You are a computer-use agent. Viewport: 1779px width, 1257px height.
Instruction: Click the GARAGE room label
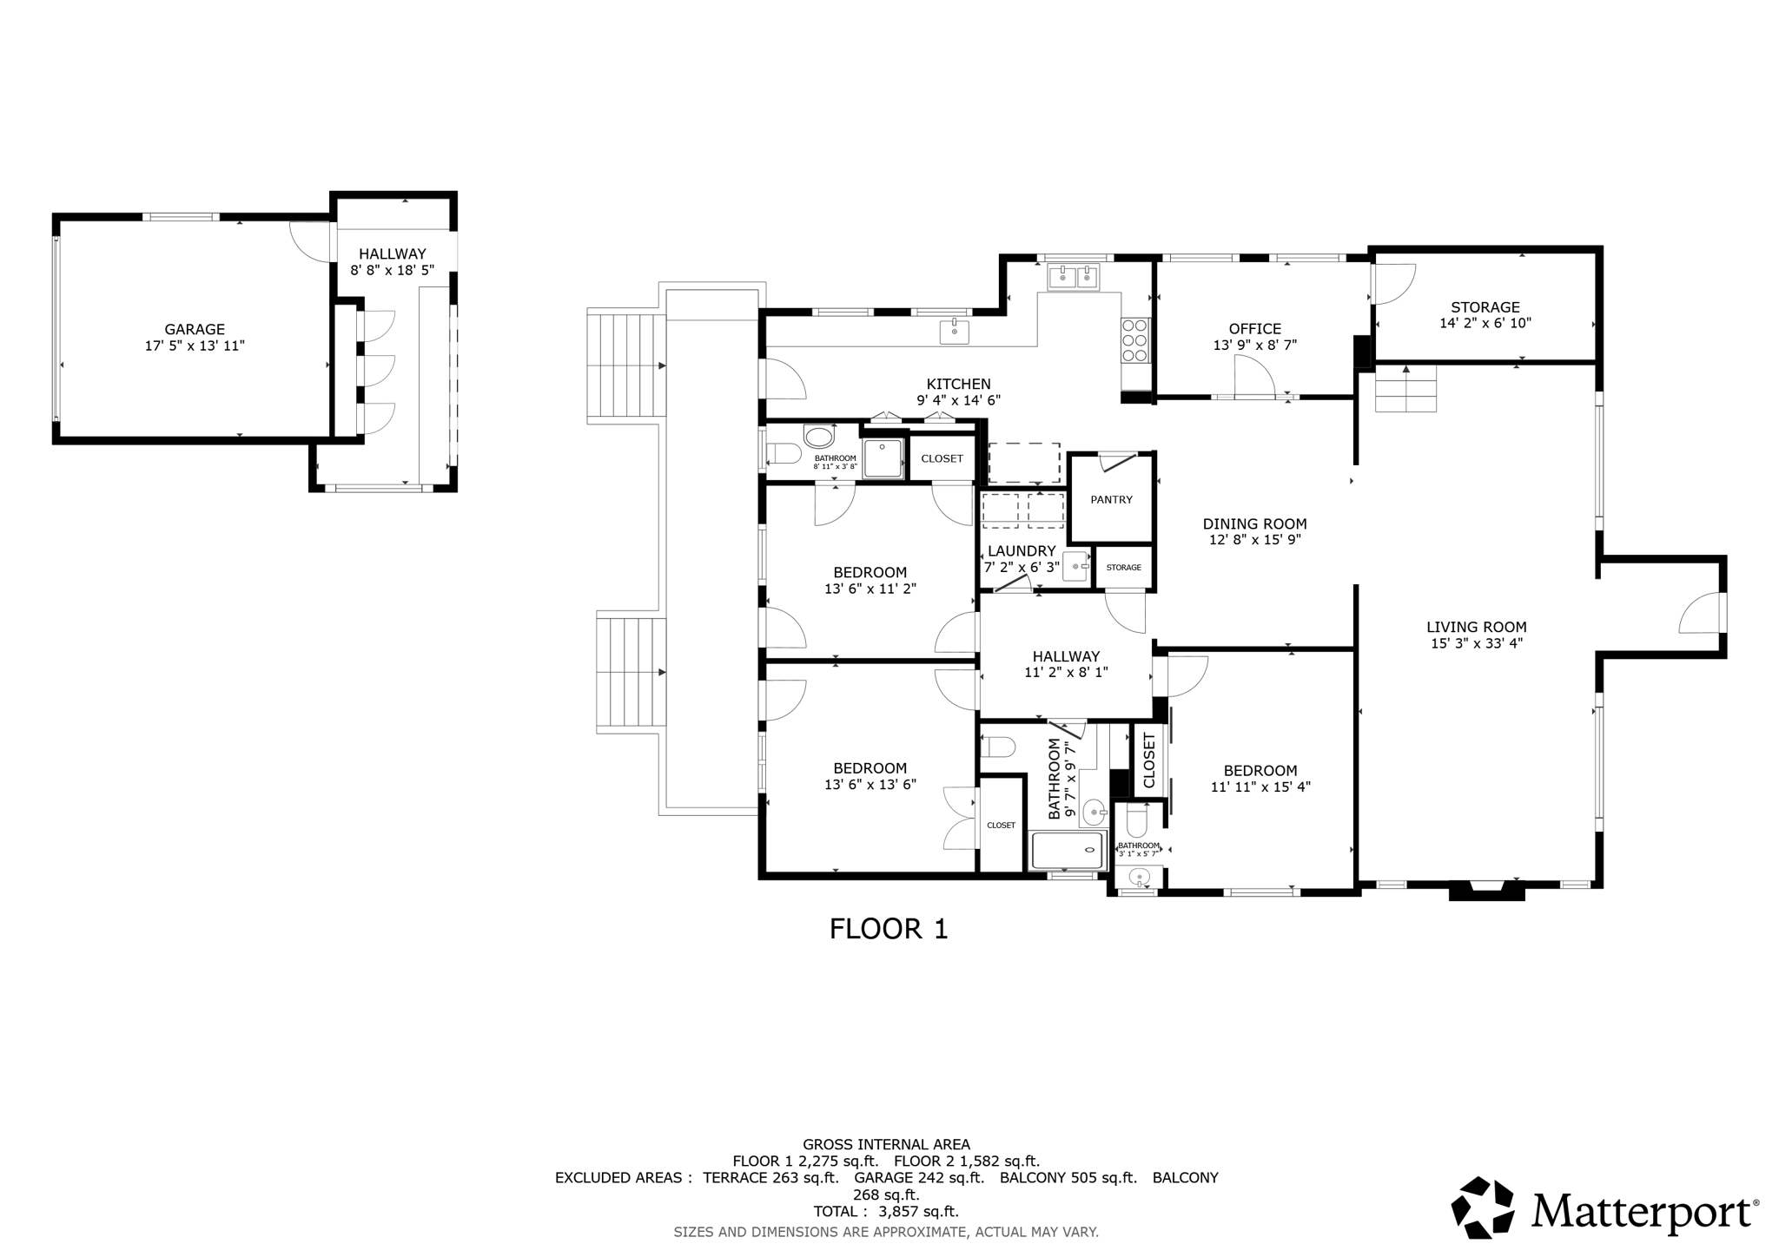195,330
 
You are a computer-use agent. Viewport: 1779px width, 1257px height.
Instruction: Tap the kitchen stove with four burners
1134,340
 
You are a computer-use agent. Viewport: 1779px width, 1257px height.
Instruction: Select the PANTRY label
1111,500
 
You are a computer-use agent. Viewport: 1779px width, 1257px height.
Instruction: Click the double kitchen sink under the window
1075,278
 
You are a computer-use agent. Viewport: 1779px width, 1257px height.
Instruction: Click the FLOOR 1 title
888,929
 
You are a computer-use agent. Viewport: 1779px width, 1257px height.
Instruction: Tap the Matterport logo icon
1484,1207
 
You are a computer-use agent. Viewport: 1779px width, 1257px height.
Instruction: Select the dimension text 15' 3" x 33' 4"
1476,643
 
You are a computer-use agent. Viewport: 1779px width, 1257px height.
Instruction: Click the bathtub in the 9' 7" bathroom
1068,850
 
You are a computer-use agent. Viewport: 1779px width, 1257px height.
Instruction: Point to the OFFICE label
1254,329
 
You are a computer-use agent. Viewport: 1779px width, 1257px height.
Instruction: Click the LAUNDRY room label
1021,551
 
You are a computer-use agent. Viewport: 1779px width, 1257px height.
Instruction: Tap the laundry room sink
1075,566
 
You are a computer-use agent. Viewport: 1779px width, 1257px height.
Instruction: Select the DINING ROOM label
1254,523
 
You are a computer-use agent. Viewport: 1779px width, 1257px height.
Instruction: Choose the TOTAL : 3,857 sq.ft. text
885,1211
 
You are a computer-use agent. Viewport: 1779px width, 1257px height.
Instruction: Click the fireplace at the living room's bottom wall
1486,890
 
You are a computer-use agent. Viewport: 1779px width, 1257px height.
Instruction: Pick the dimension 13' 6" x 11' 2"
870,589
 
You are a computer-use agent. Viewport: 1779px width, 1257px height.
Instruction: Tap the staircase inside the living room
1405,390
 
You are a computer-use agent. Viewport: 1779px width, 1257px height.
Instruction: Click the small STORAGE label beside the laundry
1123,568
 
